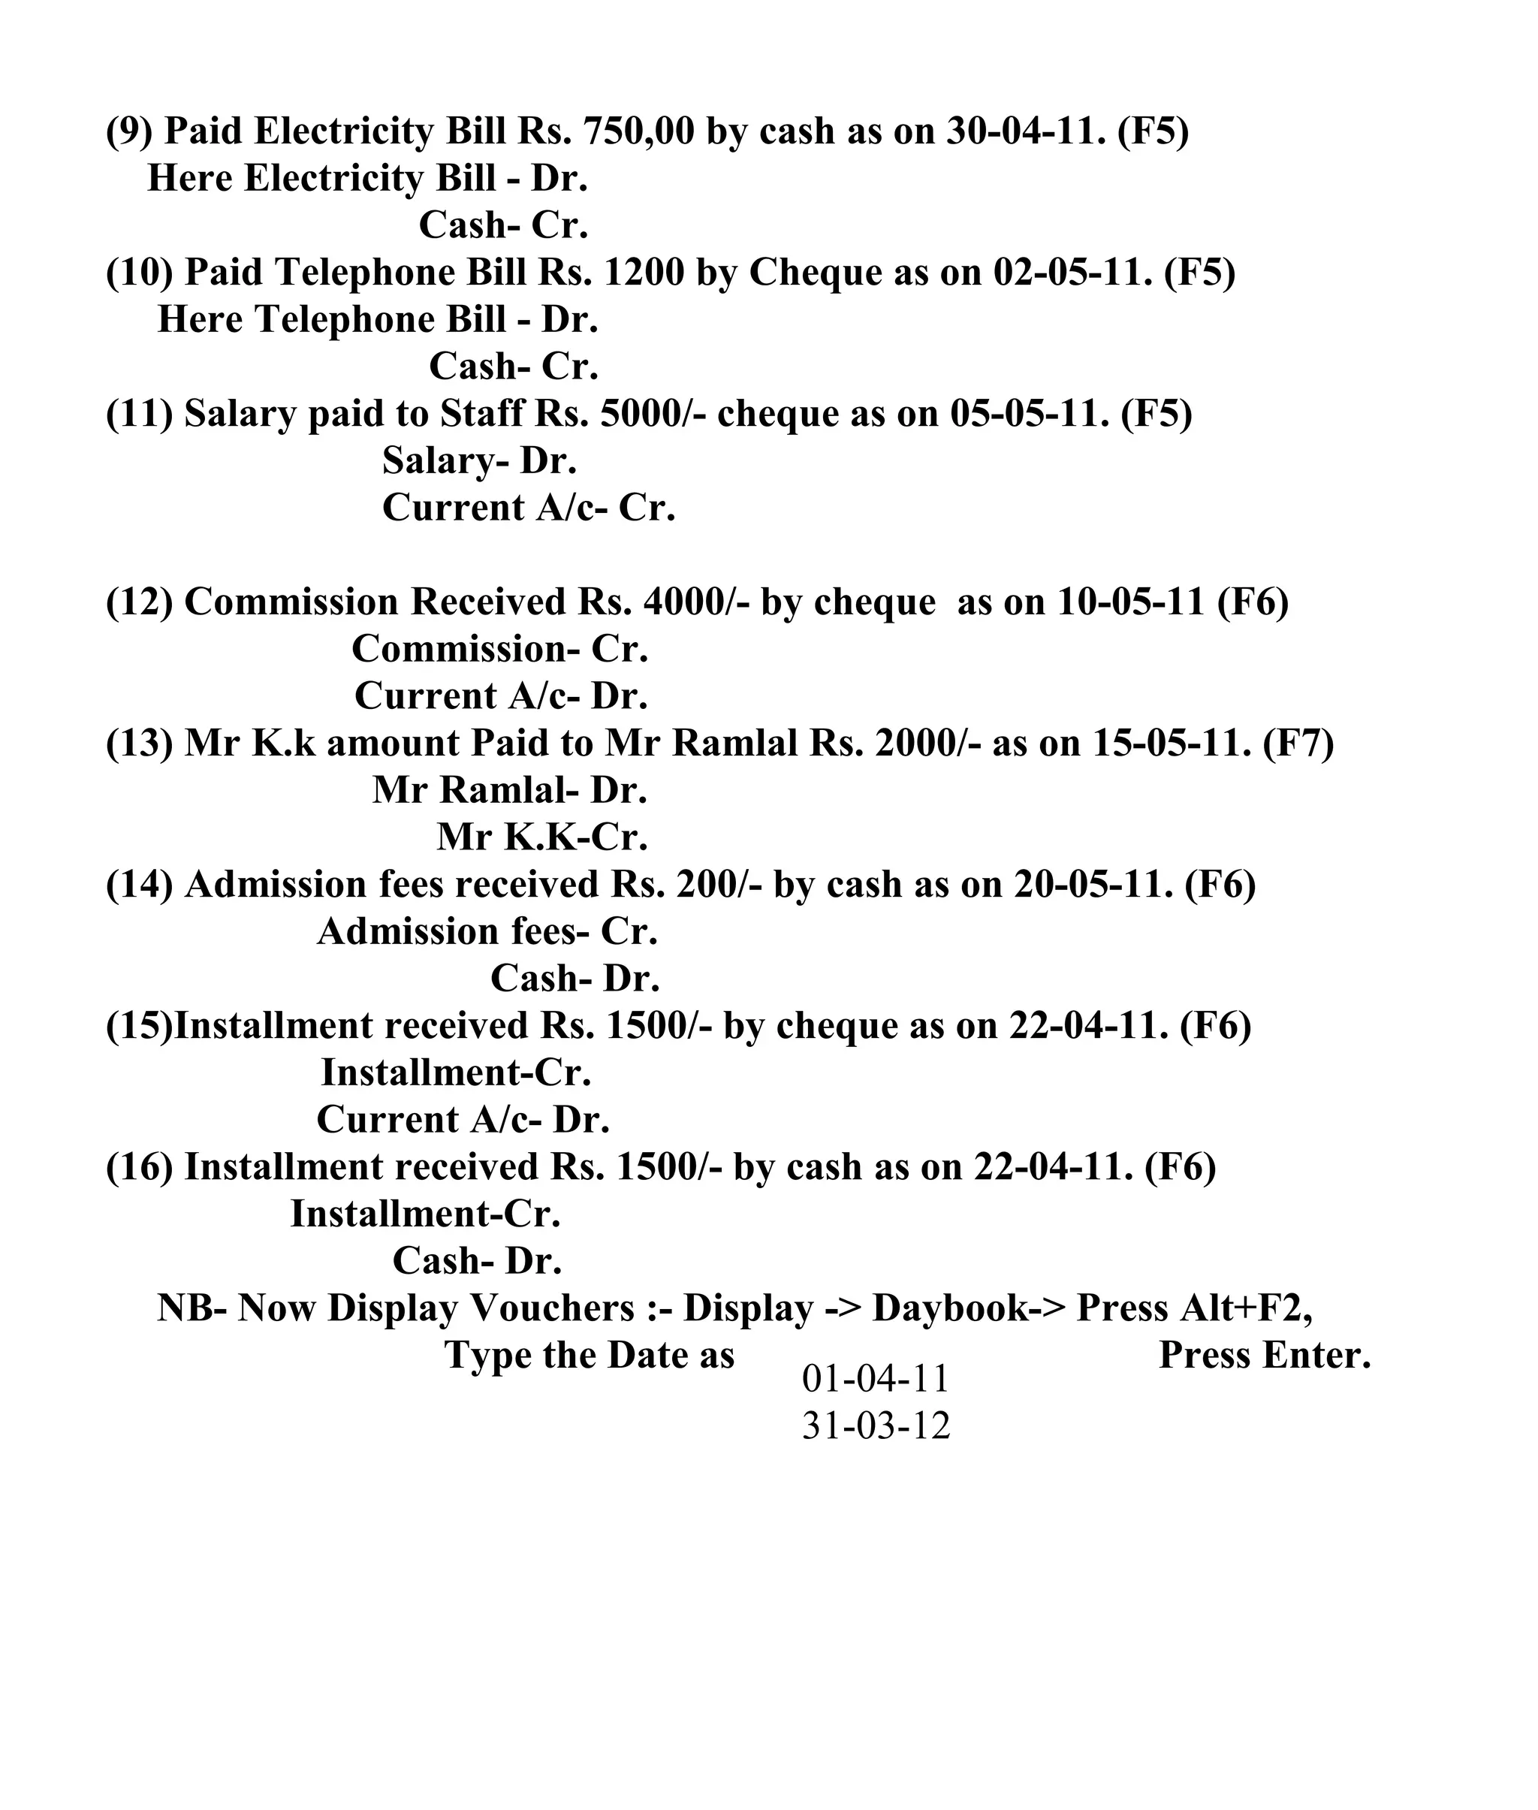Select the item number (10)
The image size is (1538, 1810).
140,272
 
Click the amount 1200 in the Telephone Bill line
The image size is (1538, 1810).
644,272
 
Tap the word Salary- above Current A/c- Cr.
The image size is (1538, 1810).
445,460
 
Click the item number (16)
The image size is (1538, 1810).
140,1166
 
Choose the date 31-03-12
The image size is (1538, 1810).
876,1425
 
